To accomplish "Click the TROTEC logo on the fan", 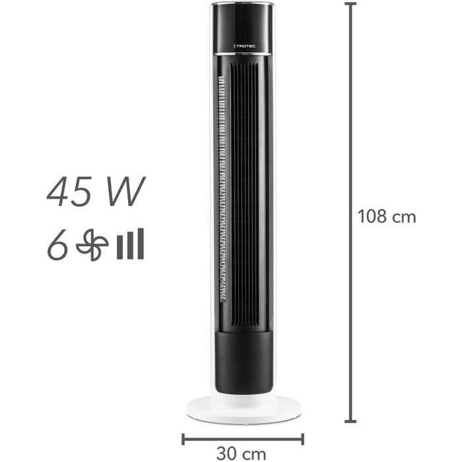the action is pyautogui.click(x=244, y=46).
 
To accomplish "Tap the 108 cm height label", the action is pyautogui.click(x=387, y=216).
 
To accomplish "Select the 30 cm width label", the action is pyautogui.click(x=241, y=453).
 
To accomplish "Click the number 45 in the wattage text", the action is pyautogui.click(x=69, y=191).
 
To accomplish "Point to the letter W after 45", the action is pyautogui.click(x=126, y=191).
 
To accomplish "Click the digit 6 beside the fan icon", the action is pyautogui.click(x=57, y=245).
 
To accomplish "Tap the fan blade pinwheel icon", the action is pyautogui.click(x=92, y=245).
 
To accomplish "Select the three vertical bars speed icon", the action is pyautogui.click(x=130, y=244).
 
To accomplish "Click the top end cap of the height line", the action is pyautogui.click(x=350, y=4).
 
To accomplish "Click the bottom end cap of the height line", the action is pyautogui.click(x=350, y=422).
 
